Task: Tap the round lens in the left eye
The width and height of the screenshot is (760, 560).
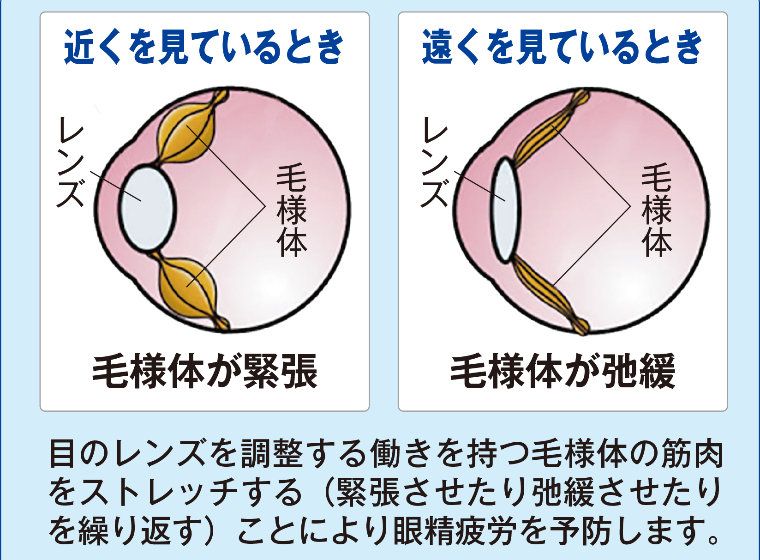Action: click(148, 209)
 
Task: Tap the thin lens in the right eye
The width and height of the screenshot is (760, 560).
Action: click(505, 210)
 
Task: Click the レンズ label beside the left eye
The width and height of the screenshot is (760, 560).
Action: click(71, 162)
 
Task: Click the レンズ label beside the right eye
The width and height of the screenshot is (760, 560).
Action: click(435, 162)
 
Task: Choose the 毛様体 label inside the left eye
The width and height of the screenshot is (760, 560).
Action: click(292, 210)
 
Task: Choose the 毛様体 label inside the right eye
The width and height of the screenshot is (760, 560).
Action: click(656, 210)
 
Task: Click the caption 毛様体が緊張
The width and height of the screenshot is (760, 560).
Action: click(205, 372)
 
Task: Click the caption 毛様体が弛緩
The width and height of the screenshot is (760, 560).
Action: click(563, 372)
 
